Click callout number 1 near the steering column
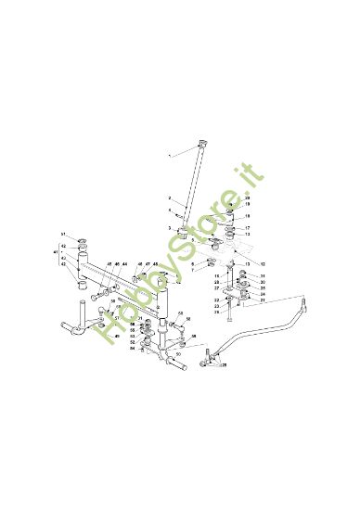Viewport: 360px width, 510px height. (170, 159)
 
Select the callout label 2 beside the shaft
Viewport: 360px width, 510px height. (170, 198)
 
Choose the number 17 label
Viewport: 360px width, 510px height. (248, 227)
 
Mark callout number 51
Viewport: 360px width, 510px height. (64, 234)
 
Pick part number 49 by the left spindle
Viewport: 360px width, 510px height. (117, 337)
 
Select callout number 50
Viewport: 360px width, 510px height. (177, 353)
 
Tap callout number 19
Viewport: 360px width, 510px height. (248, 204)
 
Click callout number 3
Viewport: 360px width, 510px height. (170, 226)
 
